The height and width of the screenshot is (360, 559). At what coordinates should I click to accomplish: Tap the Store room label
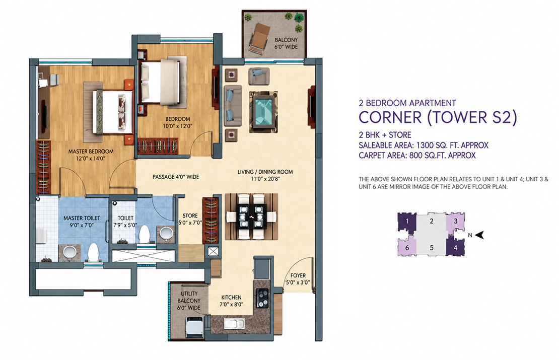pyautogui.click(x=190, y=215)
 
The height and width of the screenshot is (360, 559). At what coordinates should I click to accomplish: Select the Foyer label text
pyautogui.click(x=298, y=275)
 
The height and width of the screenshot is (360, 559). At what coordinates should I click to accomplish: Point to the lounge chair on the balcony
pyautogui.click(x=259, y=38)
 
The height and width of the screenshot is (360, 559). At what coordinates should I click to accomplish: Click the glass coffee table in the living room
pyautogui.click(x=263, y=112)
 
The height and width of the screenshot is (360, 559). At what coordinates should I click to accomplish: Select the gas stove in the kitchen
pyautogui.click(x=263, y=298)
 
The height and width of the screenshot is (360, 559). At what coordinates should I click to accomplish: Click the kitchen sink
pyautogui.click(x=234, y=324)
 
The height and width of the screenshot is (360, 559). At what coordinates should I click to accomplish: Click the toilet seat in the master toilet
pyautogui.click(x=93, y=252)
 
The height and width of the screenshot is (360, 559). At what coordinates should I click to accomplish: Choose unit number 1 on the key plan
pyautogui.click(x=407, y=222)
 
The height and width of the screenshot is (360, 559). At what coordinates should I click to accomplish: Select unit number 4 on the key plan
pyautogui.click(x=455, y=247)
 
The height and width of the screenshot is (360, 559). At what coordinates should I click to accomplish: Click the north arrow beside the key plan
pyautogui.click(x=479, y=235)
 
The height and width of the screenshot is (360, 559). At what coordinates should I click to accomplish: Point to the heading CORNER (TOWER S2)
pyautogui.click(x=438, y=118)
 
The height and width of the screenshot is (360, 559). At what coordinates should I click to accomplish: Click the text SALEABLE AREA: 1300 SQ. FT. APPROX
pyautogui.click(x=424, y=145)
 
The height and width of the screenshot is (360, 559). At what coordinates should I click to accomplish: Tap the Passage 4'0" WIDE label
pyautogui.click(x=176, y=177)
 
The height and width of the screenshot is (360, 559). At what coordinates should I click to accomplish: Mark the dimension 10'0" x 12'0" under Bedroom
pyautogui.click(x=178, y=126)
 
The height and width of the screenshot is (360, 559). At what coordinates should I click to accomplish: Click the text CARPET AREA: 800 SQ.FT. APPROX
pyautogui.click(x=417, y=156)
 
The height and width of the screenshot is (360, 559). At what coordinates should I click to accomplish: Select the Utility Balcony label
pyautogui.click(x=189, y=301)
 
